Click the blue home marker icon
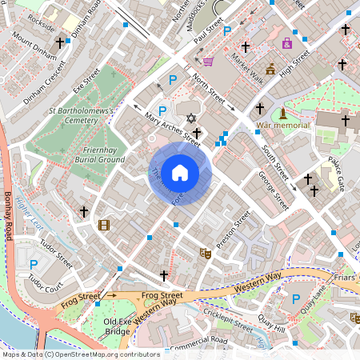click(180, 173)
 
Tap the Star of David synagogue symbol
click(191, 118)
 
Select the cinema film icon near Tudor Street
click(103, 225)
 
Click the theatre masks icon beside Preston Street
click(205, 253)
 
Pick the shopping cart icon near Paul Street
click(208, 61)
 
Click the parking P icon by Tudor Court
click(34, 264)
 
